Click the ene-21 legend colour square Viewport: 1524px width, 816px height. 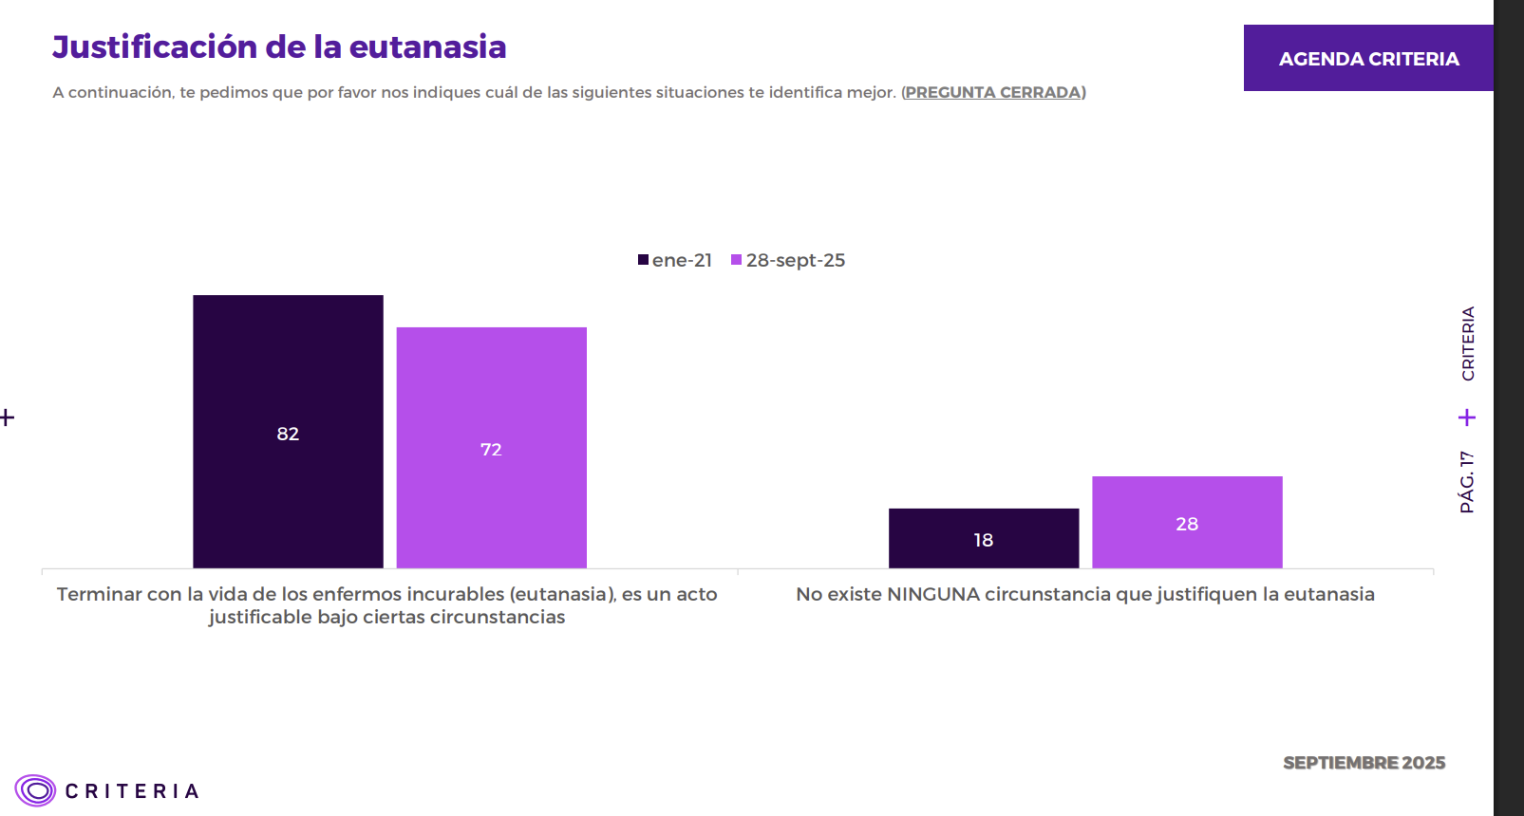643,260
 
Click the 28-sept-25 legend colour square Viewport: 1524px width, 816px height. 736,260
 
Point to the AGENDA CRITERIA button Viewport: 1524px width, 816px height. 1368,59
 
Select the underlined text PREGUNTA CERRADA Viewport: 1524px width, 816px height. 993,92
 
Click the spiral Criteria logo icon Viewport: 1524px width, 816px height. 35,790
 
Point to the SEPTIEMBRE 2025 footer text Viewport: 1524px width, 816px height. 1364,763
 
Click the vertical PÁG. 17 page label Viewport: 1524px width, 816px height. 1467,482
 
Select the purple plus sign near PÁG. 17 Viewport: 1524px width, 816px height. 1467,417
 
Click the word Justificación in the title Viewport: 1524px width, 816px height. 155,47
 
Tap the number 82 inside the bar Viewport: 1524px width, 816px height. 288,434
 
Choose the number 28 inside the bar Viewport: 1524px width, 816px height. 1187,524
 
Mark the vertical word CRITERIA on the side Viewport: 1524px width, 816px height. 1468,343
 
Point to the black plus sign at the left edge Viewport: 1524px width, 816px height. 7,417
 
